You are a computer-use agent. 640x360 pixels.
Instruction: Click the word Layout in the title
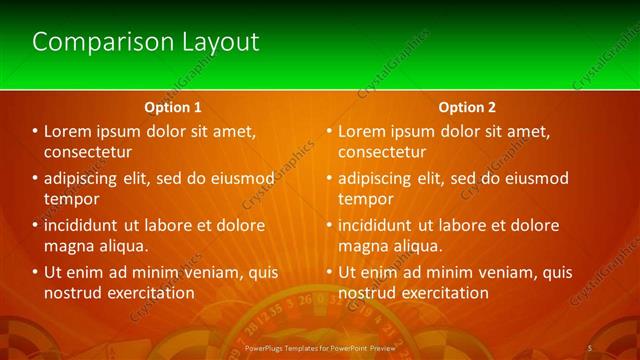(220, 42)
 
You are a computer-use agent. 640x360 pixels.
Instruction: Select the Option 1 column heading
(173, 106)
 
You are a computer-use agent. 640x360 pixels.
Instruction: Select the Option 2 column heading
(467, 106)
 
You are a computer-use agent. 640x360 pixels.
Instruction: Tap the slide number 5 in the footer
(590, 348)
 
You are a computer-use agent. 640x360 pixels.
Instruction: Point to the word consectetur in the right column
(382, 152)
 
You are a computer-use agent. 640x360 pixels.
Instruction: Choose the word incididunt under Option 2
(376, 225)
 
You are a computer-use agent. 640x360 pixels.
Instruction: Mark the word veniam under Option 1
(212, 272)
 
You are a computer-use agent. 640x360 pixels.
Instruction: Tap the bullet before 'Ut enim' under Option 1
(34, 272)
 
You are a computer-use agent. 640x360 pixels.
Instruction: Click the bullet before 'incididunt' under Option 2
(328, 225)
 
